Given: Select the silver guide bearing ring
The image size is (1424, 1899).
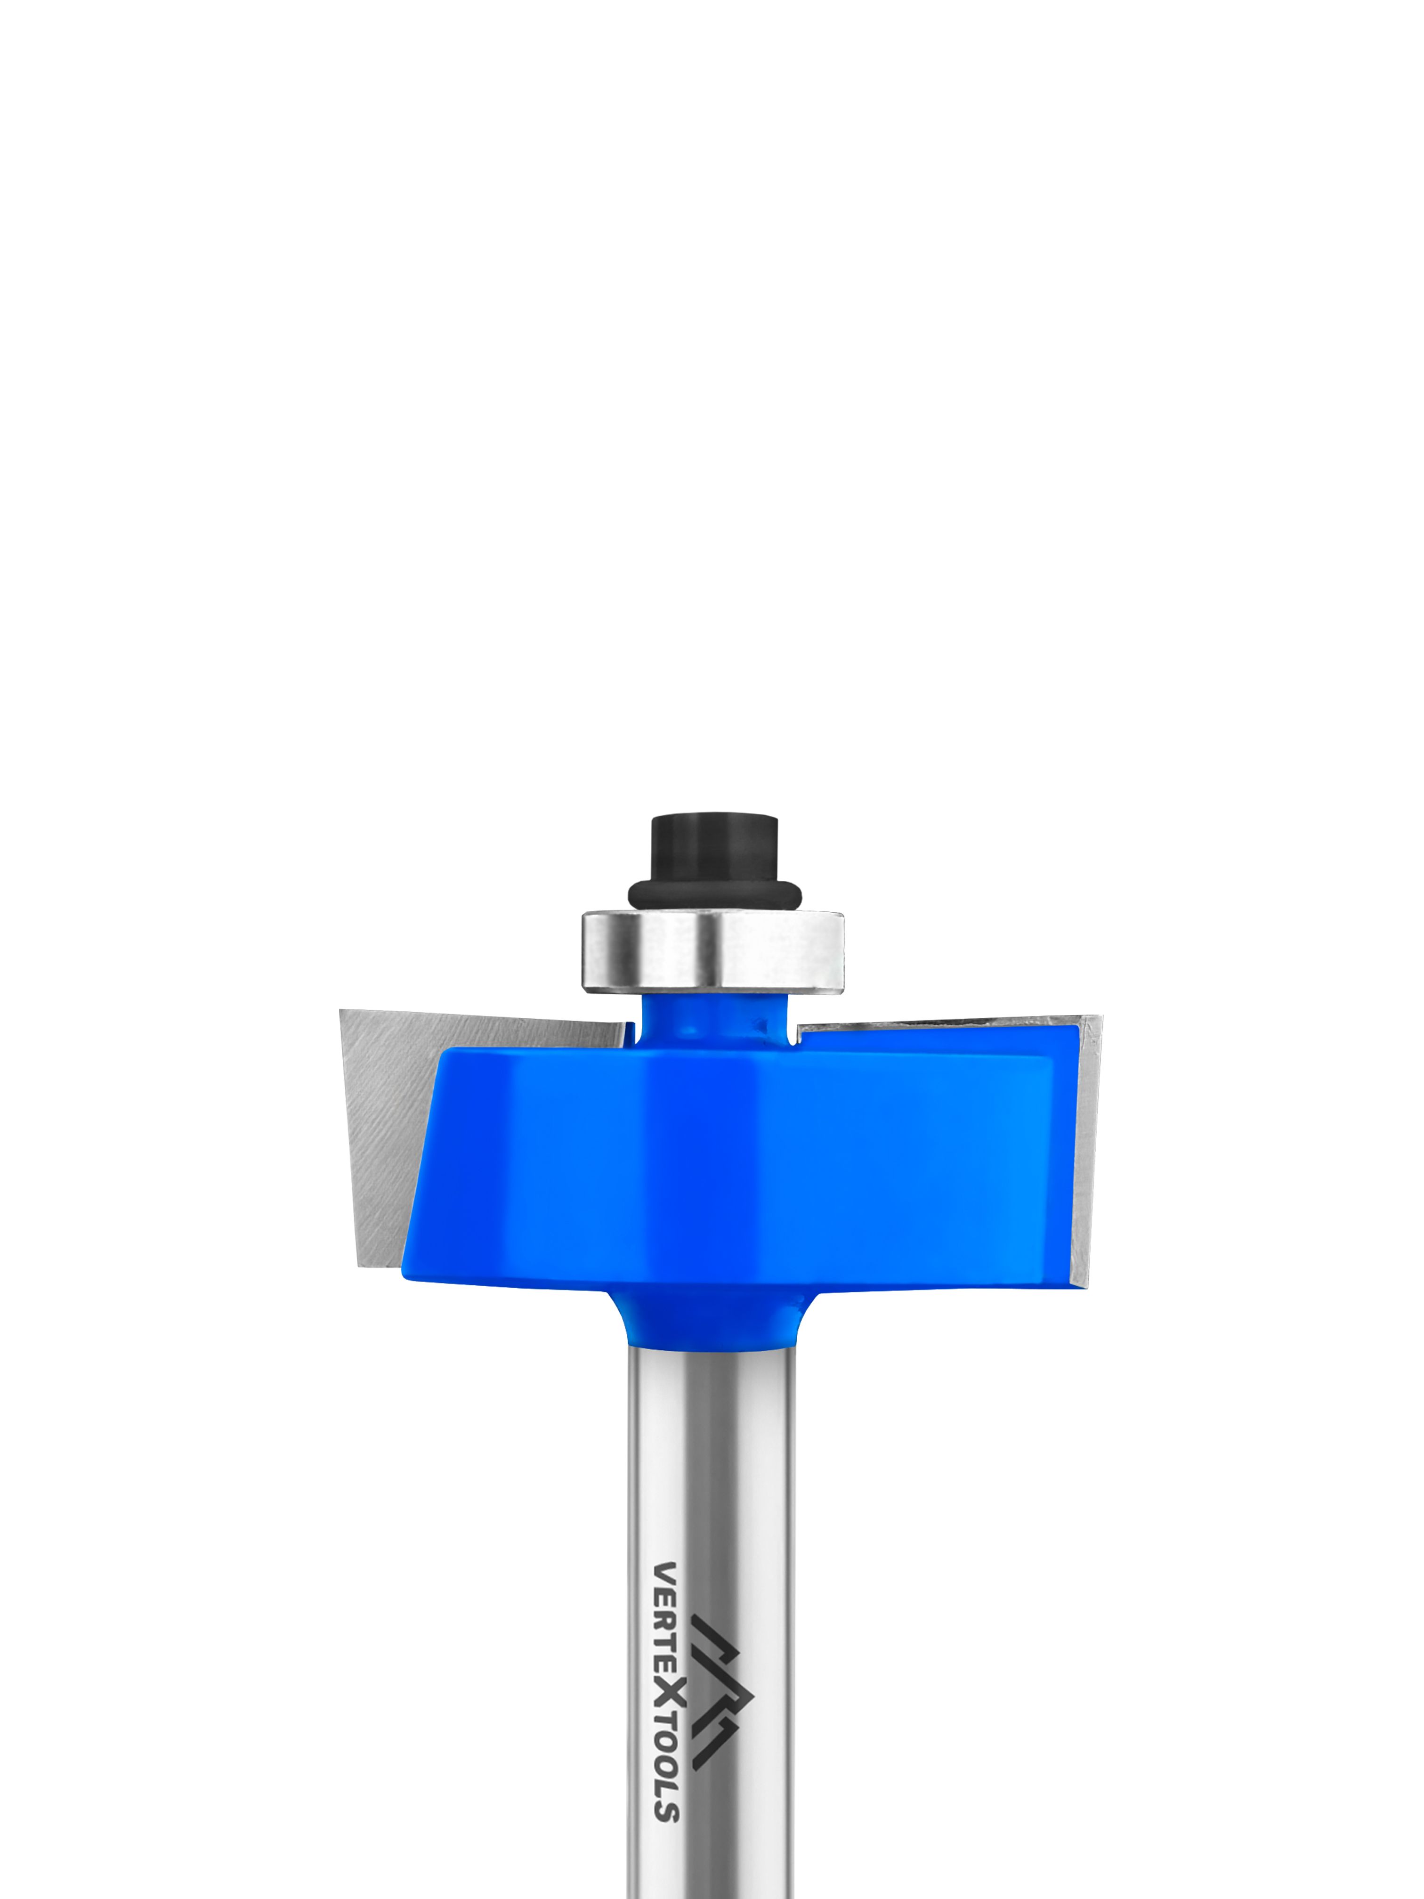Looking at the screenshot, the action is coord(712,949).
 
